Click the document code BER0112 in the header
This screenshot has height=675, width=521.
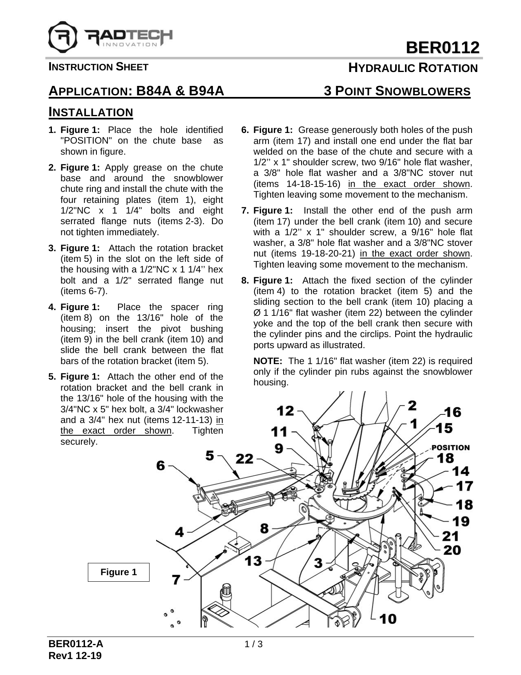tap(442, 48)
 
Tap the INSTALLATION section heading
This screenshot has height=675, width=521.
tap(91, 112)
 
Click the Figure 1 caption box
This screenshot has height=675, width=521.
tap(119, 572)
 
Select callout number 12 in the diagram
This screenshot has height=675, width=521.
tap(285, 410)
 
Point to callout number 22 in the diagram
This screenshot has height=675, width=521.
tap(244, 459)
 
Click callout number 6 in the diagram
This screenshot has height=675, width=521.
tap(161, 466)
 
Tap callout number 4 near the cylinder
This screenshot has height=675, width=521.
tap(179, 532)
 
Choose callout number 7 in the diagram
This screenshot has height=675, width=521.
tap(176, 579)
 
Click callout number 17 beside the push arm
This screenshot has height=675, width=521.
tap(464, 486)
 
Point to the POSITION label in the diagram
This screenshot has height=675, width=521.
tap(450, 448)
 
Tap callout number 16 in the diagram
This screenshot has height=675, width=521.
tap(452, 412)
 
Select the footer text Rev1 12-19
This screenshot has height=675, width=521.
tap(75, 656)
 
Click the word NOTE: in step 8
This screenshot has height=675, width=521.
tap(268, 361)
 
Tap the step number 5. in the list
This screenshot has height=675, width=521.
tap(52, 377)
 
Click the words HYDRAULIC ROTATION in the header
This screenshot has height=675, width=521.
tap(413, 68)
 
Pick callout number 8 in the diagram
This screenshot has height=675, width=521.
tap(264, 528)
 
